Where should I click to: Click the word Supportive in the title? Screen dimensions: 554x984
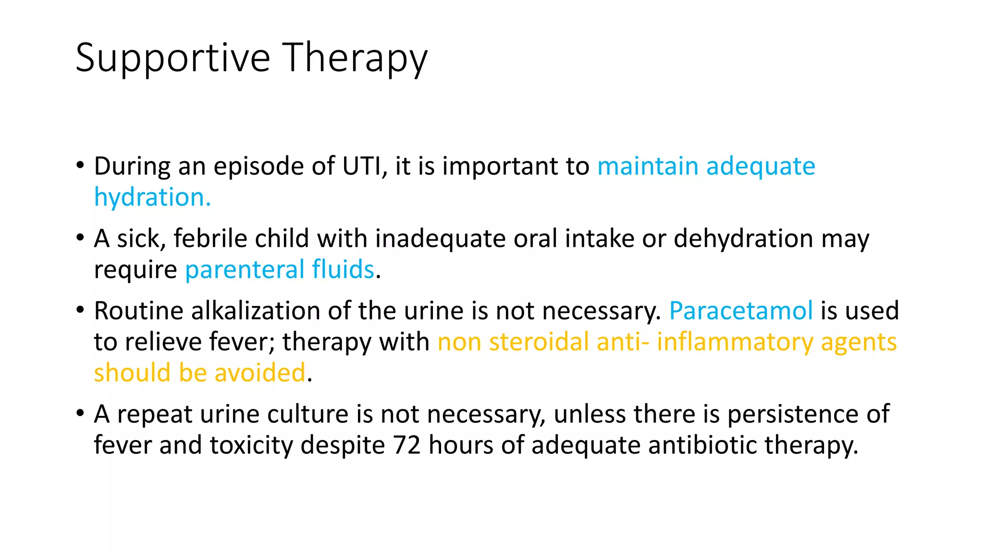click(x=173, y=58)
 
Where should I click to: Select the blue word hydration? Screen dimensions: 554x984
click(x=152, y=197)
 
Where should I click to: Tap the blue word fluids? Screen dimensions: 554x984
click(x=343, y=269)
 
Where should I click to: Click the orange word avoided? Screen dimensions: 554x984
click(x=259, y=373)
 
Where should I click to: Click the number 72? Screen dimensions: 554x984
click(x=407, y=445)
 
